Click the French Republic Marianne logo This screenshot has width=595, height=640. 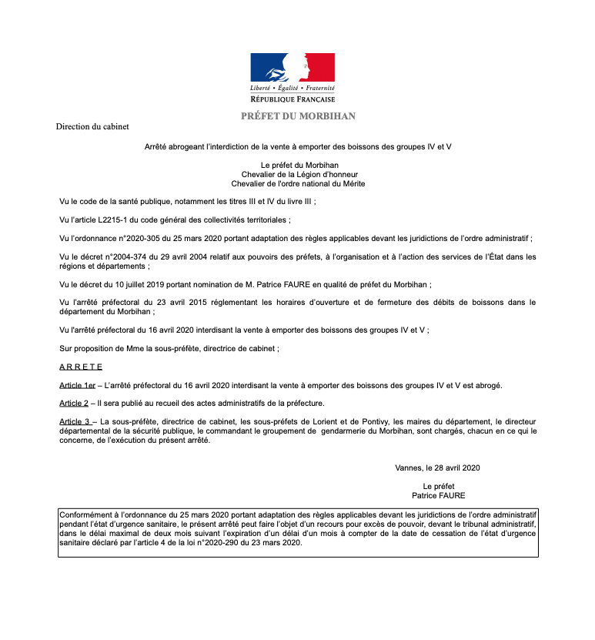coord(292,67)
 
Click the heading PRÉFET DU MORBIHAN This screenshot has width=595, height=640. coord(298,116)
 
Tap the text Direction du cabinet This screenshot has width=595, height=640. coord(92,126)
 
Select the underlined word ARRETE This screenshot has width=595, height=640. coord(81,367)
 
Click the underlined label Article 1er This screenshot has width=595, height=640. coord(78,385)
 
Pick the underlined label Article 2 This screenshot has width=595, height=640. coord(75,404)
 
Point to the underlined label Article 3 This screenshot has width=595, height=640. coord(75,422)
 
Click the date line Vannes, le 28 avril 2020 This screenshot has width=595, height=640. coord(437,467)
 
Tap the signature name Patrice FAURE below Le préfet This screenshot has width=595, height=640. coord(438,496)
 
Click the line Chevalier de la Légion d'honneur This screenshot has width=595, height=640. coord(298,174)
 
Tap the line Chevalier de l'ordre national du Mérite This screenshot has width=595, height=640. coord(298,183)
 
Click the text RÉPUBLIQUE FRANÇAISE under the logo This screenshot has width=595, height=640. coord(292,100)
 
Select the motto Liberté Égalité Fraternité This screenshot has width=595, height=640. coord(292,90)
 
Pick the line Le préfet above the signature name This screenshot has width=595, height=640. coord(439,486)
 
